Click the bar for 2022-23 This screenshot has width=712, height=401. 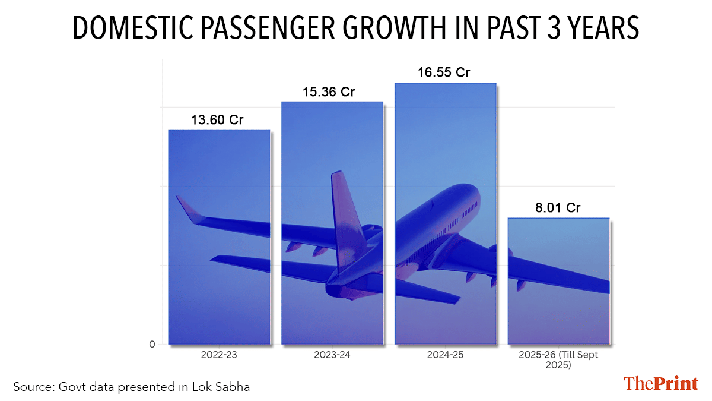click(219, 238)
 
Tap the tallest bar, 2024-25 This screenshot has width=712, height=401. click(445, 214)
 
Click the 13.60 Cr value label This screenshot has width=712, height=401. click(217, 120)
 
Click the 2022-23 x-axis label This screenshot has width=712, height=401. click(219, 355)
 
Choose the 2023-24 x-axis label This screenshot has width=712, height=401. click(332, 355)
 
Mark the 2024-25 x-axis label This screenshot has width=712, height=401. click(445, 355)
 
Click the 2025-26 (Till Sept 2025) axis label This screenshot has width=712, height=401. click(558, 360)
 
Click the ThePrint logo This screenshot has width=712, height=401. click(660, 384)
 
